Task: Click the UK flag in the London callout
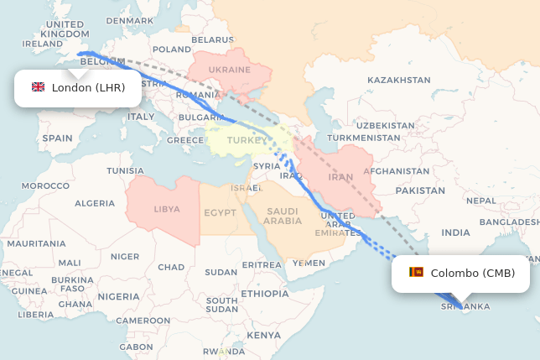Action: coord(38,87)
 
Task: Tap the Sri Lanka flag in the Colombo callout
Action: coord(416,273)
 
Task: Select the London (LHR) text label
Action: coord(88,87)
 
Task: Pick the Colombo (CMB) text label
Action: coord(473,273)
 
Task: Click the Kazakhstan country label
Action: coord(398,80)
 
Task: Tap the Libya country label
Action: coord(167,208)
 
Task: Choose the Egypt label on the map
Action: coord(219,212)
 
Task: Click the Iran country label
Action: coord(340,177)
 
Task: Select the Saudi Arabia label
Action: coord(283,216)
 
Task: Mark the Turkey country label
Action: coord(245,139)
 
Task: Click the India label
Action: coord(456,232)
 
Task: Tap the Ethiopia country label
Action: coord(264,294)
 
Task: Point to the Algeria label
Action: coord(95,203)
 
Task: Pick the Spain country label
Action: coord(58,138)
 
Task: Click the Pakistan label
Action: coord(420,190)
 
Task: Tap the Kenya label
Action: coord(264,335)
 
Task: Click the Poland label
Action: coord(172,50)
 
